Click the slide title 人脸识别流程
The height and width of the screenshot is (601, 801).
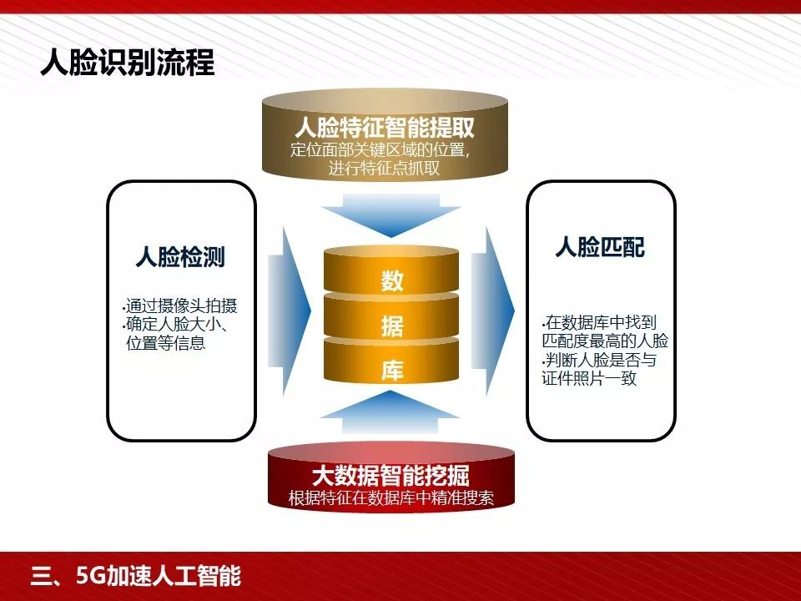click(x=128, y=63)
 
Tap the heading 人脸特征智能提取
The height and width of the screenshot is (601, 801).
click(x=385, y=129)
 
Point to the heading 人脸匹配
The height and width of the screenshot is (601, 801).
click(x=600, y=248)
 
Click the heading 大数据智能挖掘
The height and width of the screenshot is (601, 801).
click(x=390, y=477)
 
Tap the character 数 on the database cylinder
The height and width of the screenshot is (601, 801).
click(x=392, y=281)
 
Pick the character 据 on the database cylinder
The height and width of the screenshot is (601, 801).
click(x=392, y=326)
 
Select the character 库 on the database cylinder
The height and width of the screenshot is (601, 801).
click(x=392, y=371)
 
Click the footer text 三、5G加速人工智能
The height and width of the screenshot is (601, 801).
click(x=135, y=577)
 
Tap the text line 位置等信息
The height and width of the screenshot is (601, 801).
click(x=165, y=343)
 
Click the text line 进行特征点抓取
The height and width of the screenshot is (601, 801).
click(x=385, y=169)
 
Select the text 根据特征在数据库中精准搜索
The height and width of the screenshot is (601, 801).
click(x=390, y=499)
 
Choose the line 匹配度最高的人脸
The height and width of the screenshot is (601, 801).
click(x=604, y=341)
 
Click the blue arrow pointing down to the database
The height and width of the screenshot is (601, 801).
click(x=392, y=215)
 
